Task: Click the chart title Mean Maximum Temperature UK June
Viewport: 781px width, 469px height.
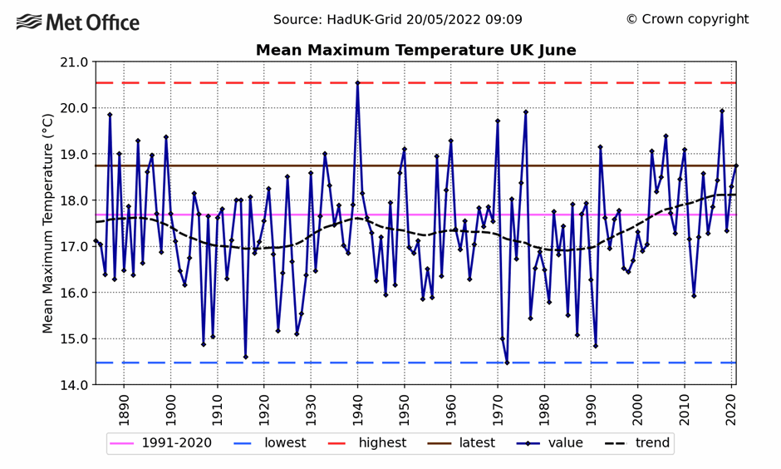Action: (x=415, y=51)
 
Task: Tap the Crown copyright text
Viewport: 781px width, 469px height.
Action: (x=687, y=19)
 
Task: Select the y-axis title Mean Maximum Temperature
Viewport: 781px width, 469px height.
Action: (x=49, y=224)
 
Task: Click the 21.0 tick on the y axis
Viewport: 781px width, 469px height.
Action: (x=73, y=62)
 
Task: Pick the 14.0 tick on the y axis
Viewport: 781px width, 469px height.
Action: (x=73, y=385)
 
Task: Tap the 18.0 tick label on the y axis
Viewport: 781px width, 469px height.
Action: (x=73, y=200)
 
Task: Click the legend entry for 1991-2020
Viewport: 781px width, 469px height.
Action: (x=161, y=443)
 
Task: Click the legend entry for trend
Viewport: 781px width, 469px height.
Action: (x=636, y=443)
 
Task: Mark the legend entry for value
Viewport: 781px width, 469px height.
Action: (x=553, y=443)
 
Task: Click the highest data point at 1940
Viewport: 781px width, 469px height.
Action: (x=357, y=83)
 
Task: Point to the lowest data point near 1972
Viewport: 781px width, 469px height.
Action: (x=507, y=363)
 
